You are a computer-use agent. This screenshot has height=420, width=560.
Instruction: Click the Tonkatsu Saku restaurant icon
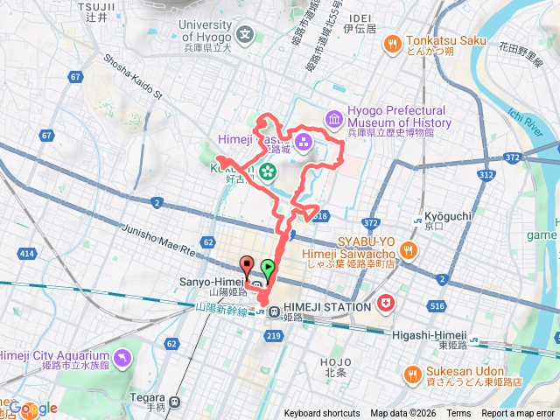(391, 41)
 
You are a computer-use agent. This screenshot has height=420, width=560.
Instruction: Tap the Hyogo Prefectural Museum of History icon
(332, 117)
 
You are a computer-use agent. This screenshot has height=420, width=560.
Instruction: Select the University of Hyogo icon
(246, 37)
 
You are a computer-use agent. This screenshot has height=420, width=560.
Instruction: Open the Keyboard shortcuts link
(321, 414)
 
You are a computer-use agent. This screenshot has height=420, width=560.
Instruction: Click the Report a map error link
(518, 414)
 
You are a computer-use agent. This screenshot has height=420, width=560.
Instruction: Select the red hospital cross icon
(386, 304)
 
